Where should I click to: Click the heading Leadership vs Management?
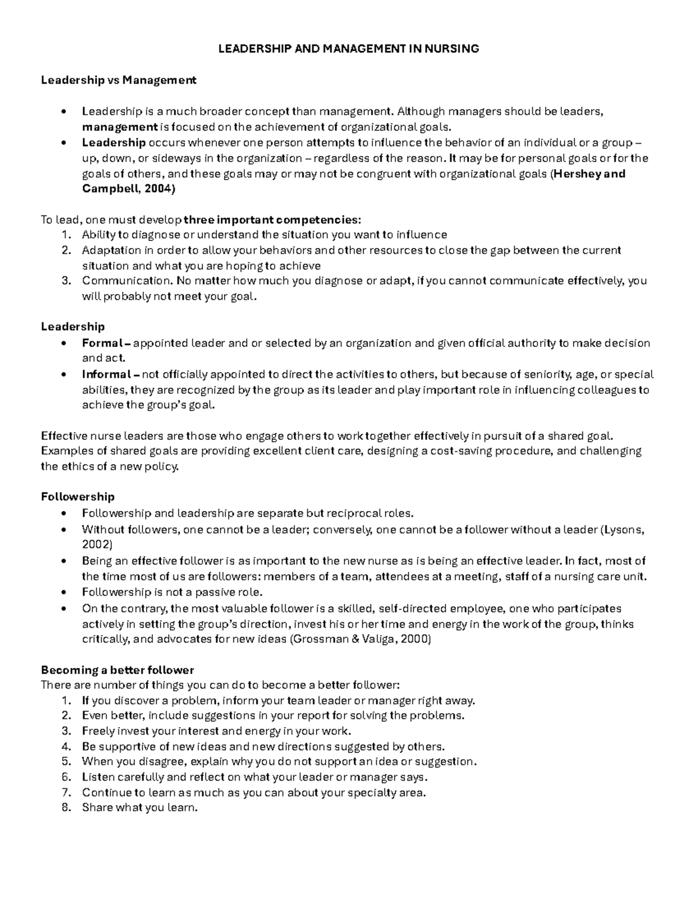click(x=118, y=80)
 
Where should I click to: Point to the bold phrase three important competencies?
click(x=272, y=219)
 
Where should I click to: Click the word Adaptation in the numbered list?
click(x=111, y=250)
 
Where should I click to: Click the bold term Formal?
click(x=102, y=343)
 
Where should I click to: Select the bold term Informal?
click(x=106, y=374)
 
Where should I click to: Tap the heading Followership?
click(x=77, y=497)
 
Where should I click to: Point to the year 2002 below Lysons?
click(x=97, y=545)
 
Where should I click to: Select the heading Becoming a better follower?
click(x=117, y=670)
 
